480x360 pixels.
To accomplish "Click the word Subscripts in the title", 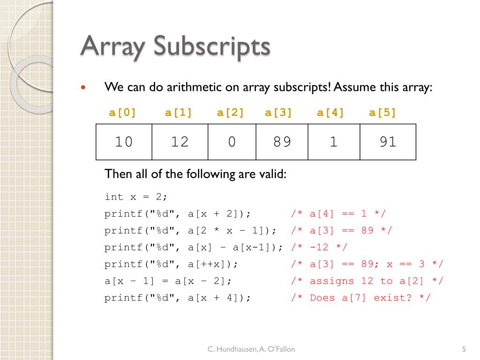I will (211, 47).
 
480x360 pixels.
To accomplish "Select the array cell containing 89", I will (282, 142).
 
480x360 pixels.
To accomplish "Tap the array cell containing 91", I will (388, 142).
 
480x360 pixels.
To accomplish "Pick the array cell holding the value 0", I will (232, 142).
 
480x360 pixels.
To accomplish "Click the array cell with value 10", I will (124, 142).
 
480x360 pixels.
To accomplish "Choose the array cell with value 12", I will (180, 142).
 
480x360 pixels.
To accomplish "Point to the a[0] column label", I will (122, 112).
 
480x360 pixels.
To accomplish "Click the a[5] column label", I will (382, 112).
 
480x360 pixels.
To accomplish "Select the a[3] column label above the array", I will (278, 112).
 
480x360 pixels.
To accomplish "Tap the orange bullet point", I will (84, 88).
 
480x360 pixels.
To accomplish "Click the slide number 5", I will (464, 349).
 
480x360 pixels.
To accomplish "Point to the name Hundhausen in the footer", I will (237, 349).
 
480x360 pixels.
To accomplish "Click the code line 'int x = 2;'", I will (136, 197).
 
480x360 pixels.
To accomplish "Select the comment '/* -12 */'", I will (319, 247).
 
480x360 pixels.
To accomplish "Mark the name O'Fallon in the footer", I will (281, 349).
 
